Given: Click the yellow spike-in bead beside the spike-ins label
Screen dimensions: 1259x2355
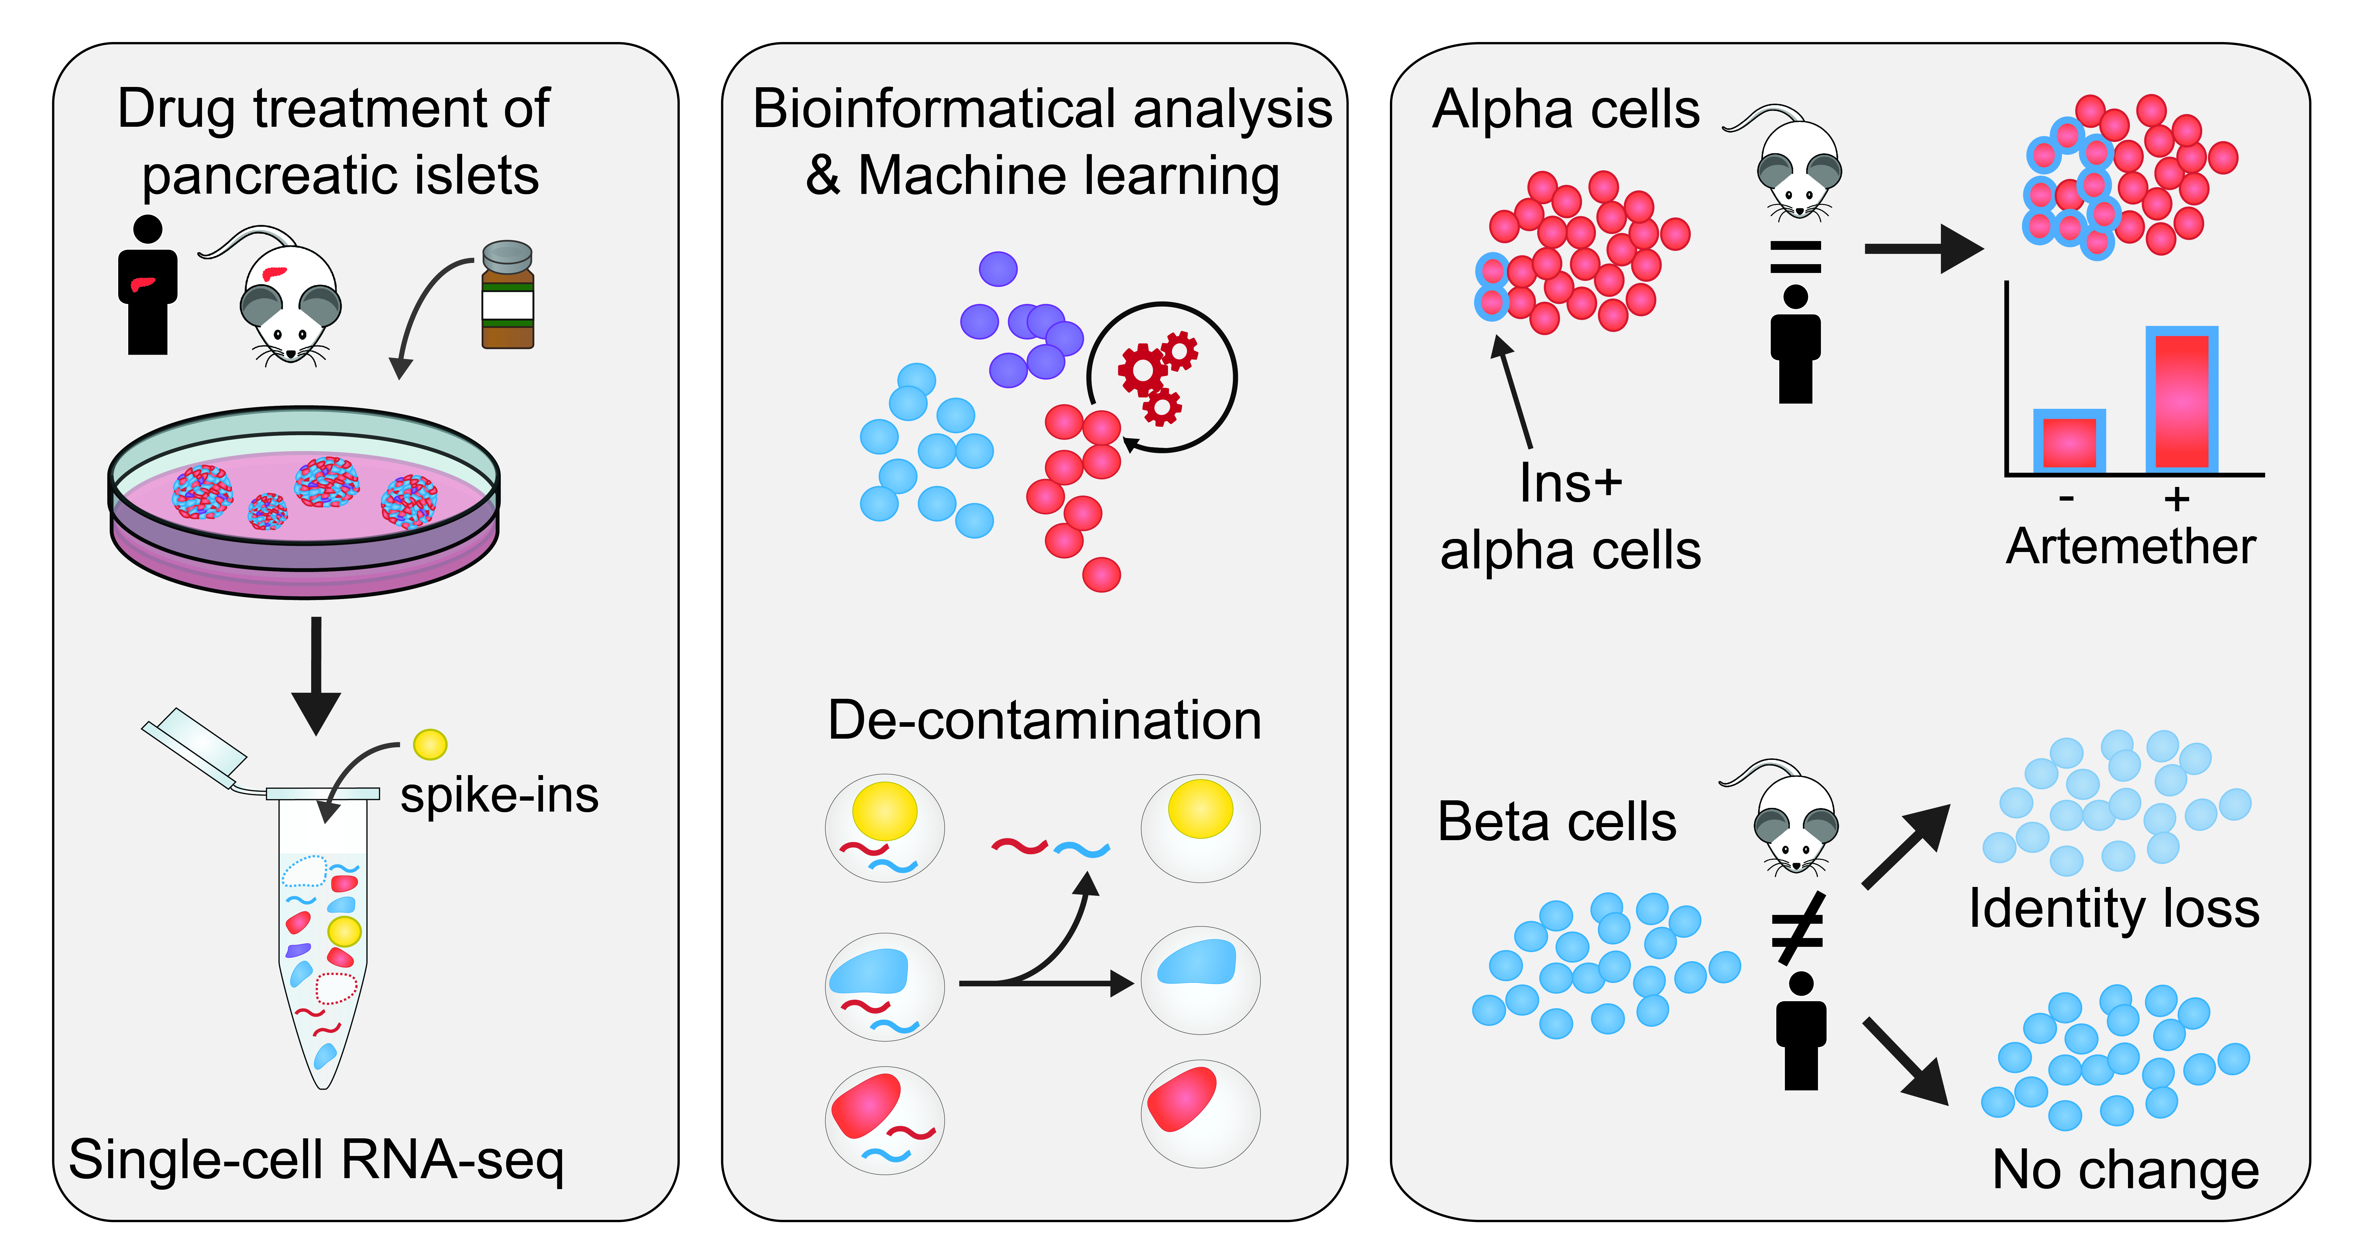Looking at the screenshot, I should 430,744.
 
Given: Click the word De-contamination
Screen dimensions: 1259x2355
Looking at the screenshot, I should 1044,720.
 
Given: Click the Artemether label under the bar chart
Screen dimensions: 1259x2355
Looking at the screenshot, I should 2130,547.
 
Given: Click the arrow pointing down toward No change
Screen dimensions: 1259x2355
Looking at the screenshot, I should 1906,1061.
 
